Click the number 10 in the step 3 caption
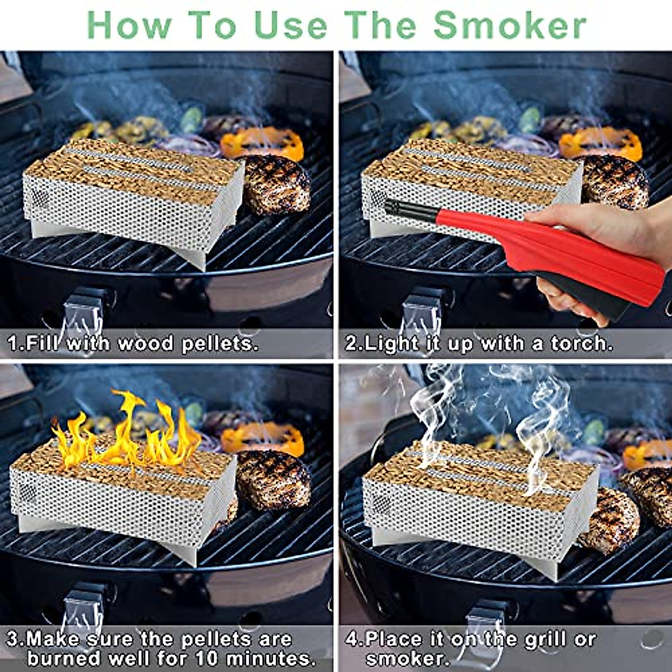(x=211, y=657)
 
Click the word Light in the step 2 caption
(x=391, y=343)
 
